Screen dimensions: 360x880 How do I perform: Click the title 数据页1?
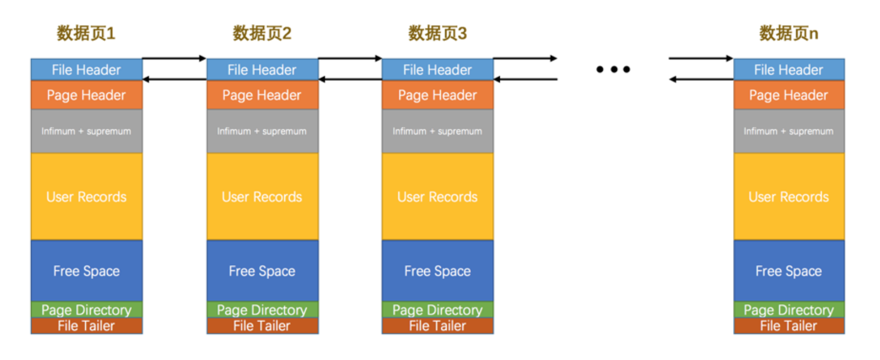tap(86, 33)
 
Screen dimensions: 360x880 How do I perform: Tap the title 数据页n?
tap(788, 33)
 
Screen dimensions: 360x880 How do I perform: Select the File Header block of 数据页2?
tap(262, 70)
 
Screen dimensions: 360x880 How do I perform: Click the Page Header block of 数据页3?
tap(437, 95)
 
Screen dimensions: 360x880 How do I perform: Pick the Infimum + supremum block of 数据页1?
tap(86, 131)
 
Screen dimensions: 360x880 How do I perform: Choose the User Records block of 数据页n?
tap(788, 197)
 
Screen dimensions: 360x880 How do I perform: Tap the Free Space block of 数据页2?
tap(262, 271)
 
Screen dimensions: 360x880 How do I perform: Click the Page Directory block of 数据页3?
tap(437, 310)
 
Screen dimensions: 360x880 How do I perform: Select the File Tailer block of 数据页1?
tap(86, 326)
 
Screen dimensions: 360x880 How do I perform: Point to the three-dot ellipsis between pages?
tap(613, 69)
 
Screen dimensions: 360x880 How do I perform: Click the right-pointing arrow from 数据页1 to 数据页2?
tap(174, 58)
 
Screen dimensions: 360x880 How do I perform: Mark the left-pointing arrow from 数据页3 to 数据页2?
tap(350, 79)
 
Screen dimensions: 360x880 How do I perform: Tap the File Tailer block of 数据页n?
tap(788, 326)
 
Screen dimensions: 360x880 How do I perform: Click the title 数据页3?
tap(437, 33)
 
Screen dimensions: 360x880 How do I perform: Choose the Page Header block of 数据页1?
tap(86, 95)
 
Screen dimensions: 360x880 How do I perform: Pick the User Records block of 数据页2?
tap(262, 197)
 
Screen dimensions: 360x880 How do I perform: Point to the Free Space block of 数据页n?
tap(788, 271)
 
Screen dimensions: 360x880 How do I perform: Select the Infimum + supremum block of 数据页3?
tap(437, 131)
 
